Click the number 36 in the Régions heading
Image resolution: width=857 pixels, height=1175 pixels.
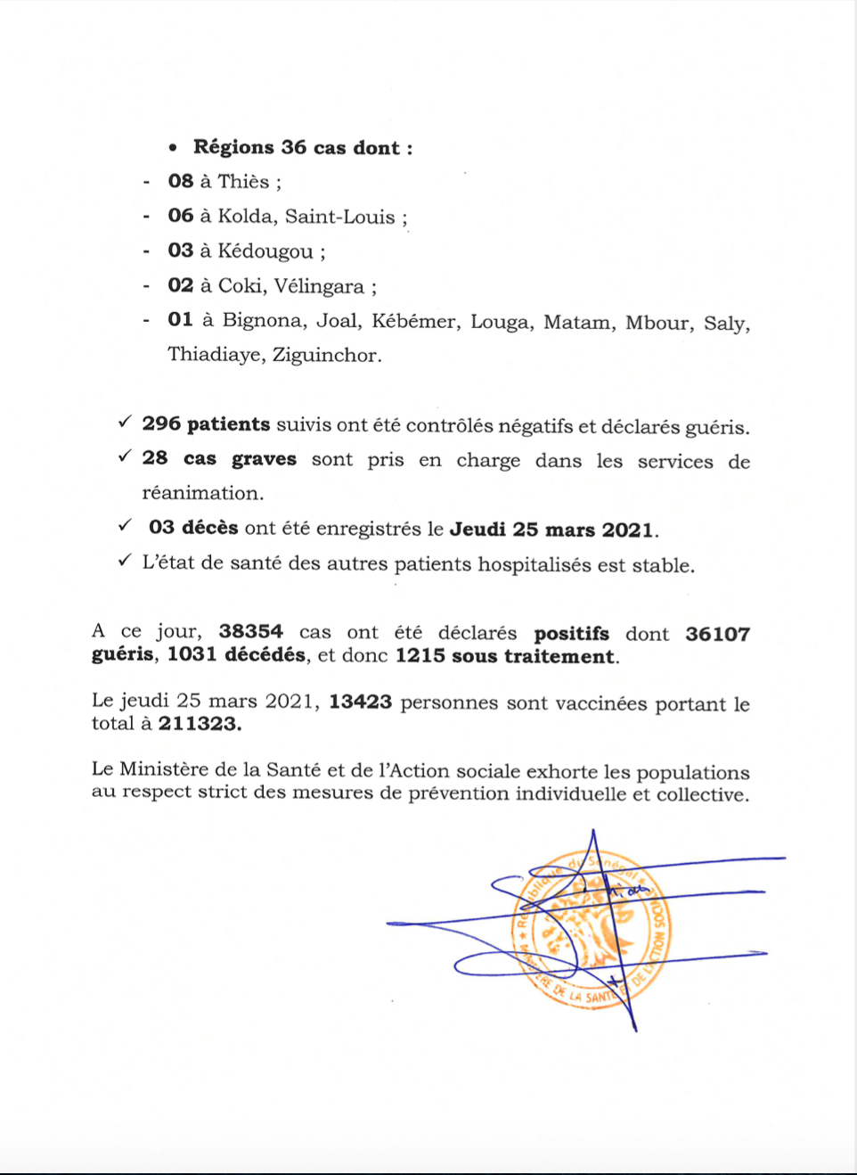click(x=293, y=147)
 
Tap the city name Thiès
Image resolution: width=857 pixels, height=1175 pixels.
click(x=243, y=182)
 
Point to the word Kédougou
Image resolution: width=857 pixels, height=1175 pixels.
click(x=265, y=251)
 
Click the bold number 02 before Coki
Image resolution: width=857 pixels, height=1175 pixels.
click(x=180, y=285)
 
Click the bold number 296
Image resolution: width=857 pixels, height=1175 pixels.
click(x=161, y=424)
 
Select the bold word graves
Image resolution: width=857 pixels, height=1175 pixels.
click(x=264, y=459)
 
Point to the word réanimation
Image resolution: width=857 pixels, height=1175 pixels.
click(x=202, y=493)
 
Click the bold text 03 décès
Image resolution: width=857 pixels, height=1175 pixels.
click(x=193, y=528)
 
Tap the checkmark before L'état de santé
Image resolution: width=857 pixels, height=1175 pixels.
click(x=125, y=561)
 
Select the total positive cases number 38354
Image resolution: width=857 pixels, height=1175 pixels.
click(x=251, y=632)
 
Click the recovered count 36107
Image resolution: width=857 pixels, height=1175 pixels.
click(x=717, y=634)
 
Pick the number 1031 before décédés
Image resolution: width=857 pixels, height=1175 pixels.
click(x=192, y=655)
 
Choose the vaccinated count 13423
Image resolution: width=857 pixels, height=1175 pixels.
click(x=360, y=703)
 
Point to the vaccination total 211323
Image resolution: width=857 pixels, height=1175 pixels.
click(x=199, y=724)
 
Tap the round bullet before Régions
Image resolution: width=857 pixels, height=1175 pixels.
click(x=173, y=148)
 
